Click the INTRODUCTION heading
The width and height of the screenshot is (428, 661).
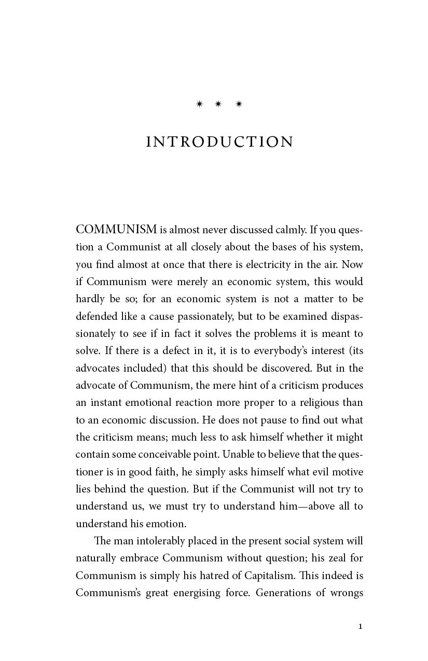(220, 142)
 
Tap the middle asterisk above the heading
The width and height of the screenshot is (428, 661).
(218, 104)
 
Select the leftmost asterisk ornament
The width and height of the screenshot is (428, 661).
(199, 104)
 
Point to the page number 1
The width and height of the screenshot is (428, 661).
(360, 626)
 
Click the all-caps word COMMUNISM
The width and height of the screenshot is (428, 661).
(116, 230)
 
